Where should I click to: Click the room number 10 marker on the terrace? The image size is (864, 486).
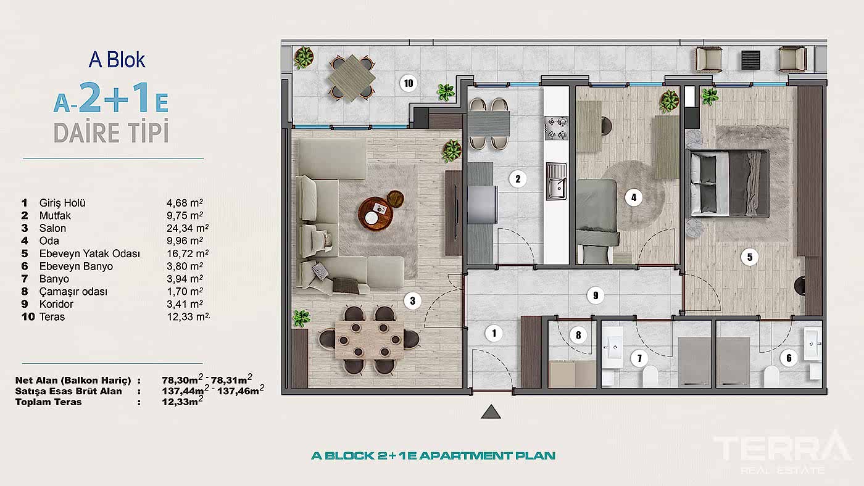pyautogui.click(x=407, y=83)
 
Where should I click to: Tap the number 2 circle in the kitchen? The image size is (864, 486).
pyautogui.click(x=518, y=179)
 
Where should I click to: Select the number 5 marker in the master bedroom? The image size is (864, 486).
pyautogui.click(x=750, y=257)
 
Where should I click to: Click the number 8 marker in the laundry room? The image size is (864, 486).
pyautogui.click(x=578, y=336)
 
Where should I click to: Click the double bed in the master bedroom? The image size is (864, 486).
pyautogui.click(x=729, y=183)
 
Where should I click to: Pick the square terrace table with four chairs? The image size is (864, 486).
pyautogui.click(x=351, y=78)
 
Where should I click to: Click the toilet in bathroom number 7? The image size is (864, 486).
pyautogui.click(x=651, y=377)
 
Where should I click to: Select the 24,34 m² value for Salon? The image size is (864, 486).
pyautogui.click(x=185, y=228)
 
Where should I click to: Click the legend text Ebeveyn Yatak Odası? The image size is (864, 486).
pyautogui.click(x=89, y=254)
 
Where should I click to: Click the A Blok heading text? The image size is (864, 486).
pyautogui.click(x=117, y=60)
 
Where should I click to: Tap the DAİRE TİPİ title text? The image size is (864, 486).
pyautogui.click(x=111, y=133)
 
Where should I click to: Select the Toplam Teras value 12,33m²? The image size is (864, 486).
pyautogui.click(x=178, y=402)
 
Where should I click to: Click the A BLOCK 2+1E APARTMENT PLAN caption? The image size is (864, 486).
pyautogui.click(x=433, y=456)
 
